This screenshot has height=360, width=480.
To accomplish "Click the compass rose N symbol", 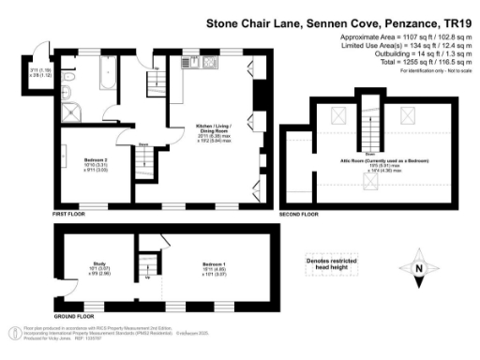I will [x=419, y=269].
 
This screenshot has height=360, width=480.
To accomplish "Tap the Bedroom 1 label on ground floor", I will [x=211, y=268].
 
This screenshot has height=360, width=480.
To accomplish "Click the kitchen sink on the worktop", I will [x=188, y=67].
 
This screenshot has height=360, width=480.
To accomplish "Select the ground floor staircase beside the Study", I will [x=147, y=263].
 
